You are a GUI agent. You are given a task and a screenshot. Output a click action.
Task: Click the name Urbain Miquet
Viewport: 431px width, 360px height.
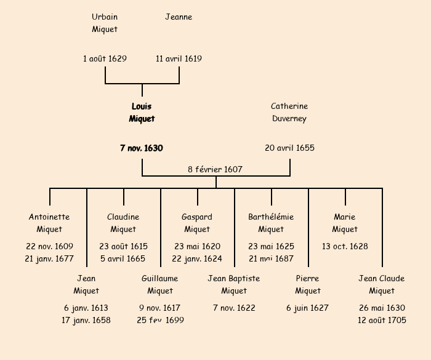(105, 23)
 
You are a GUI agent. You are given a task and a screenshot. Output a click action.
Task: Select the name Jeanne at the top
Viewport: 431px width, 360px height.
(179, 17)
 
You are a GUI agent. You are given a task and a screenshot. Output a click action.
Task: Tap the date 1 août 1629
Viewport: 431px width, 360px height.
(105, 59)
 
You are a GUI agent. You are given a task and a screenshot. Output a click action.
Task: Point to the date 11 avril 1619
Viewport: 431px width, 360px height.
(179, 59)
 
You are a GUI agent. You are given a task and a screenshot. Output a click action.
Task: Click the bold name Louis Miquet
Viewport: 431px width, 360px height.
(142, 113)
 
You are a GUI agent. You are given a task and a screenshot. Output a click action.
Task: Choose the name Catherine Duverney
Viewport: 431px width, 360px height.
(289, 113)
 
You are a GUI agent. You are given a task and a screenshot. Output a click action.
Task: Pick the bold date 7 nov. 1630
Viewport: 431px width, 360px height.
(142, 148)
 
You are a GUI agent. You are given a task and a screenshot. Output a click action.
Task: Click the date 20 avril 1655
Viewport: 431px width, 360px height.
(289, 148)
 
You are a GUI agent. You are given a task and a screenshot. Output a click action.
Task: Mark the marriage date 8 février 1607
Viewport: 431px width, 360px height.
(216, 169)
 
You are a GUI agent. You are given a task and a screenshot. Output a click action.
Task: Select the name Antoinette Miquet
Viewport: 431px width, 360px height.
(49, 223)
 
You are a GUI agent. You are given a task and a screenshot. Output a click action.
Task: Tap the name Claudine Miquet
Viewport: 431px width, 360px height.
(123, 223)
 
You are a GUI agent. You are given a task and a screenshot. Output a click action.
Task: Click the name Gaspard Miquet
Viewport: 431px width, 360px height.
(197, 223)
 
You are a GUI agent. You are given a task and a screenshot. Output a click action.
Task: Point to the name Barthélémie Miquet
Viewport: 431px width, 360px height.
(271, 223)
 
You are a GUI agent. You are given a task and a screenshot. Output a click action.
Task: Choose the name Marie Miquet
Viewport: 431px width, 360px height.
(345, 223)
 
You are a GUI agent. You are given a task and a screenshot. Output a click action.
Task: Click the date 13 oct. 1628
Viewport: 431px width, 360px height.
(345, 247)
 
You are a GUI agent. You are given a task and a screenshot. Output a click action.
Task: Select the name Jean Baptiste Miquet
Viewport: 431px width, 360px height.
(234, 284)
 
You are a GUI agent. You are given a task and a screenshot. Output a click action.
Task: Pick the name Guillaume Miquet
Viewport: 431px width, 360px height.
(160, 284)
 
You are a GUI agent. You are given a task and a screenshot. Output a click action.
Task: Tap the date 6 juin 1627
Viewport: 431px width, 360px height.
(308, 308)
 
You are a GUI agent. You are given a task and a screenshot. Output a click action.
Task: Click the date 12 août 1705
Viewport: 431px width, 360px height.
(382, 320)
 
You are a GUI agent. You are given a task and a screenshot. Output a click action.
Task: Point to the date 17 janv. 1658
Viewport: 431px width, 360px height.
(86, 320)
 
